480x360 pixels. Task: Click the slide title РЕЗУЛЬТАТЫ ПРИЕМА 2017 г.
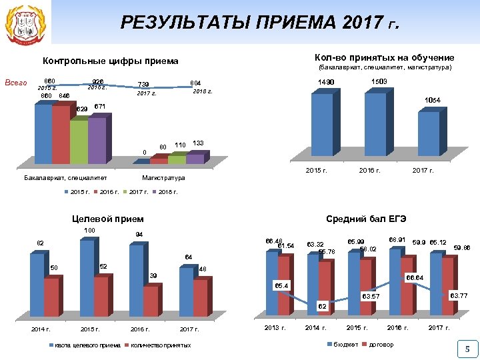[x=260, y=23]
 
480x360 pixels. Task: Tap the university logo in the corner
[x=22, y=24]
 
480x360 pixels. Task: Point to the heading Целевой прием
[x=107, y=219]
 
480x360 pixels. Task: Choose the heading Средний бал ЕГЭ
[x=366, y=219]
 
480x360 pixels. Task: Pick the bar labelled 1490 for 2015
[x=322, y=127]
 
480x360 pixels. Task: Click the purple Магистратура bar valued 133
[x=195, y=159]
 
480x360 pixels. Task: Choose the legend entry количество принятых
[x=160, y=345]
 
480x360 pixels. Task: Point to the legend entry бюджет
[x=345, y=345]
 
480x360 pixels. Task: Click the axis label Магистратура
[x=163, y=178]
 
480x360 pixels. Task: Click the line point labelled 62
[x=321, y=300]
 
